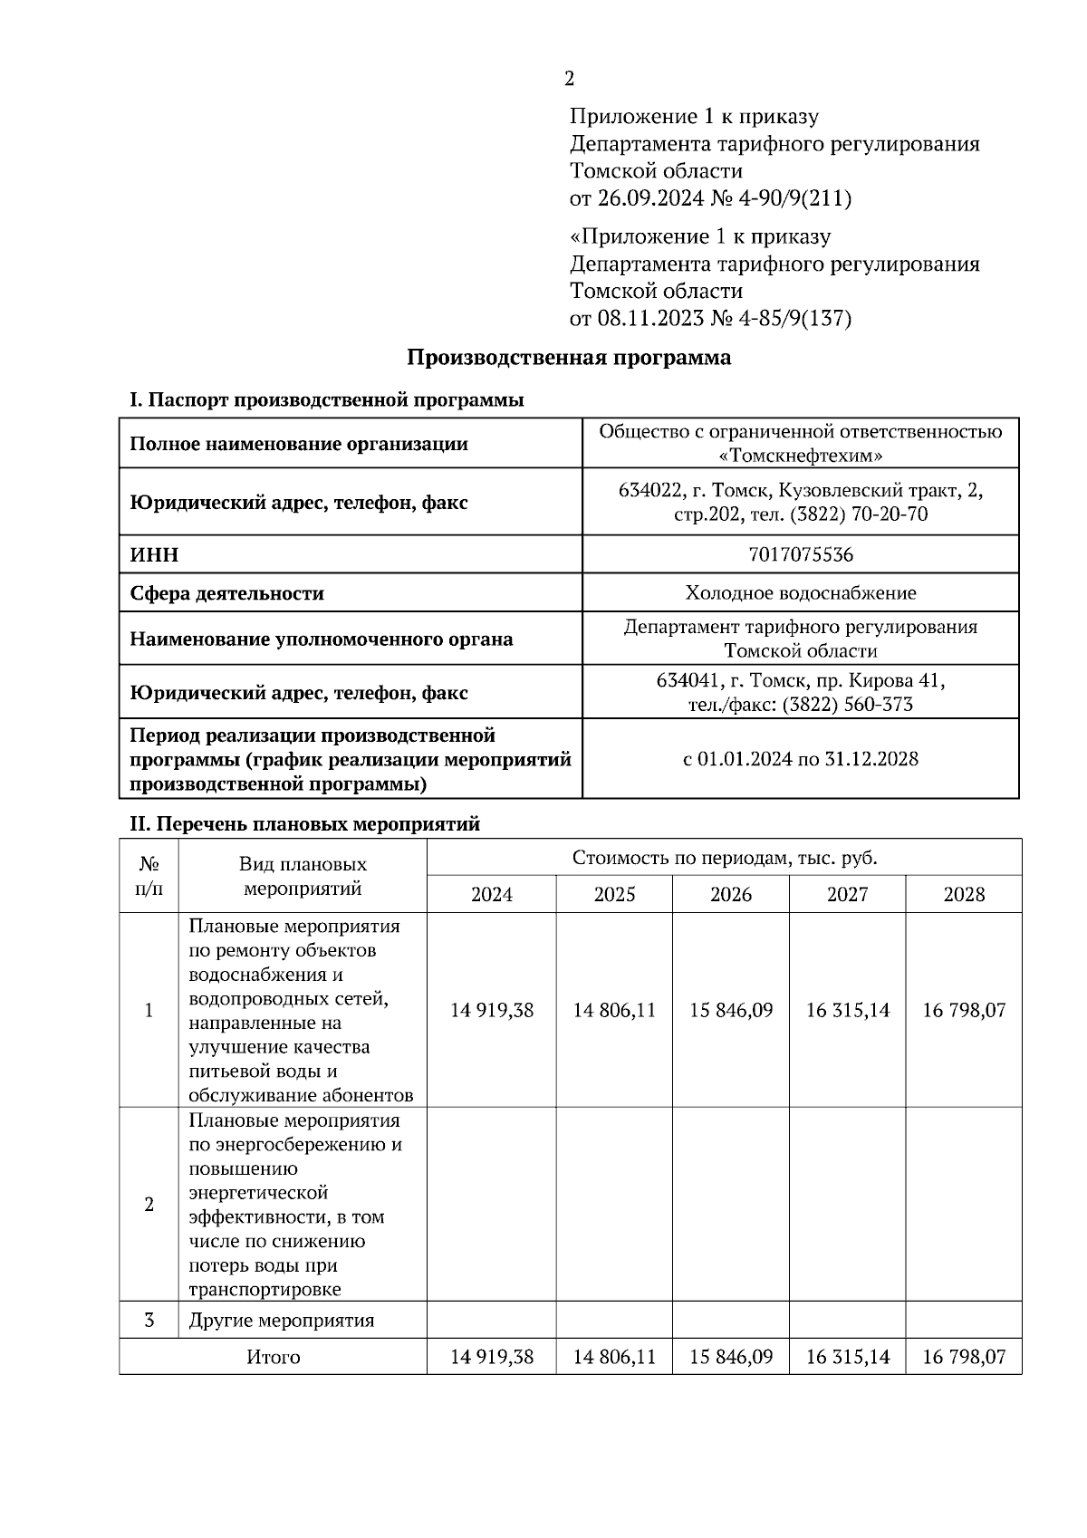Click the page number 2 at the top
tap(569, 79)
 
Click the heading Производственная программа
tap(568, 358)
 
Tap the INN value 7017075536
tap(801, 554)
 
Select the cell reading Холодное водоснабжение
tap(801, 593)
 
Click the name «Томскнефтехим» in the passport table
tap(801, 456)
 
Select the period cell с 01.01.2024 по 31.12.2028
tap(801, 759)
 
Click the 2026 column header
tap(730, 895)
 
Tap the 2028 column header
tap(964, 895)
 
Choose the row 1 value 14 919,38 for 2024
tap(492, 1010)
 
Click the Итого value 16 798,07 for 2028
tap(964, 1357)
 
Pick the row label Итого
tap(273, 1357)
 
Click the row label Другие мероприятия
tap(281, 1320)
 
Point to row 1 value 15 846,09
tap(730, 1010)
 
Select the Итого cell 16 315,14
tap(848, 1357)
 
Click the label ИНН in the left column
tap(154, 555)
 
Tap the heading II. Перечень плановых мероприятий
tap(305, 824)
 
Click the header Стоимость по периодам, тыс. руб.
tap(724, 858)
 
